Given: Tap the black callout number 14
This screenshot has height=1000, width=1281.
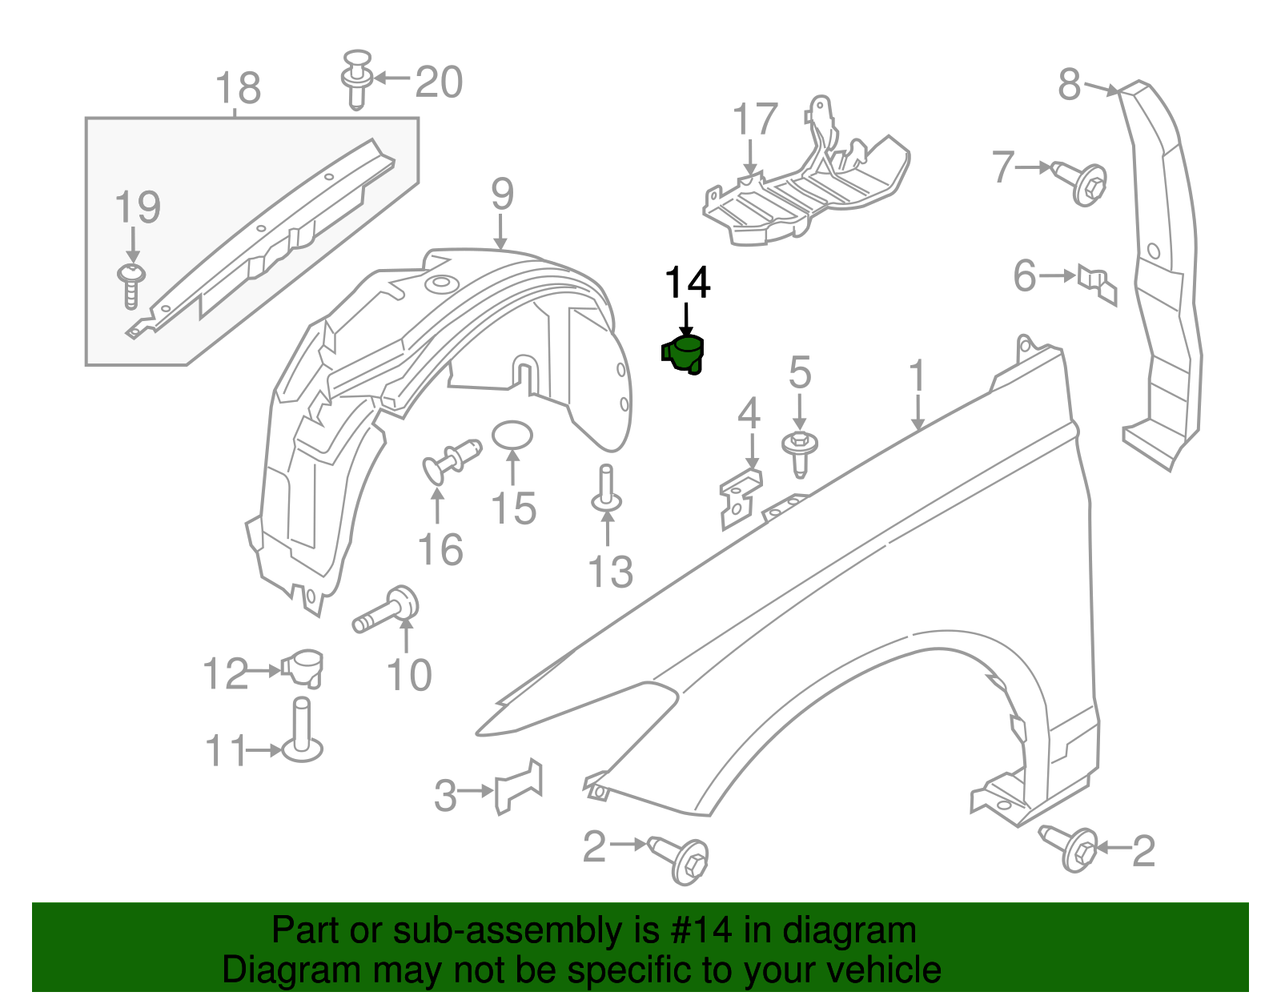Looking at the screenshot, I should coord(688,283).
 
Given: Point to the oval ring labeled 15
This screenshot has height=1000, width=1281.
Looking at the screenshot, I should coord(512,435).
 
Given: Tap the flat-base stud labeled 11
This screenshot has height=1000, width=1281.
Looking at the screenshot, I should coord(301,733).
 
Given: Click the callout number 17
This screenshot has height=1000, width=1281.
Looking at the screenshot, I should coord(755,119).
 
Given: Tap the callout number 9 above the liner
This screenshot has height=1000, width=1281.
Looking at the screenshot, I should coord(502,194).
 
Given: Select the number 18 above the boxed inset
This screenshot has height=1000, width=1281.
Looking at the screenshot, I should coord(239,88).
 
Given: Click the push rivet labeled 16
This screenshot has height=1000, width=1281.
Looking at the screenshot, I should coord(451,460).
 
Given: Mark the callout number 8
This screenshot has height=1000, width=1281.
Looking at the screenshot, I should coord(1070,83).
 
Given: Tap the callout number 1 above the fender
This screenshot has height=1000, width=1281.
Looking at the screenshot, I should coord(918,376).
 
